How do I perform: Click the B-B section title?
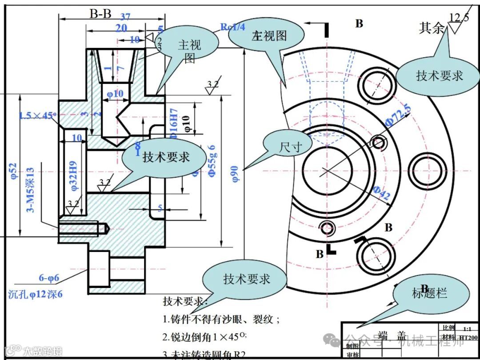[100, 14]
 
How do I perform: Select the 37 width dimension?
[125, 17]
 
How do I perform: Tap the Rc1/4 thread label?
[233, 27]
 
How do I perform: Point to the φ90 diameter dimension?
[236, 173]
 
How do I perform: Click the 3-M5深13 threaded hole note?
[30, 190]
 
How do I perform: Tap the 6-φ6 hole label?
[49, 278]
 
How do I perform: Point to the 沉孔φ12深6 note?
[36, 293]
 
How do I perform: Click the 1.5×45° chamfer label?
[37, 116]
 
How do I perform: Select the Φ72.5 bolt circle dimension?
[398, 115]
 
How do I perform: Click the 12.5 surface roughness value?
[459, 17]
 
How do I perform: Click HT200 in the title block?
[468, 337]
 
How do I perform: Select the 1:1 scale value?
[467, 329]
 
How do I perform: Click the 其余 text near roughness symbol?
[432, 28]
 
